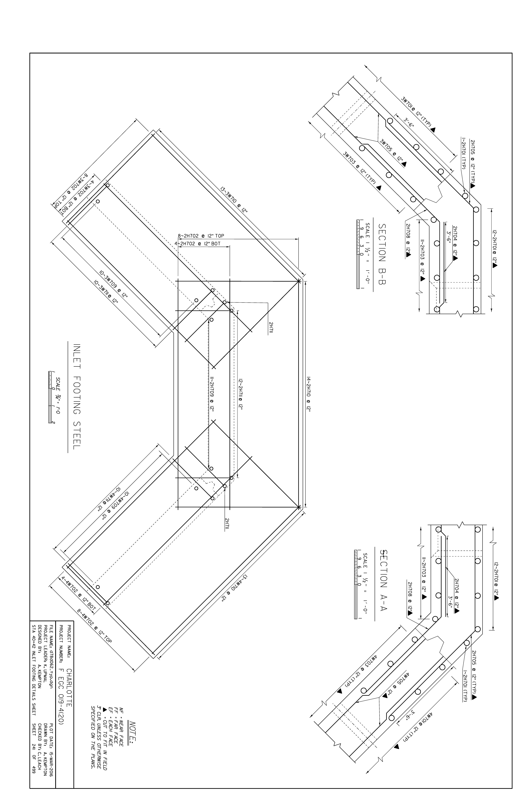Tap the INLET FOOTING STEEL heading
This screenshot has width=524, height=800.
click(x=77, y=397)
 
